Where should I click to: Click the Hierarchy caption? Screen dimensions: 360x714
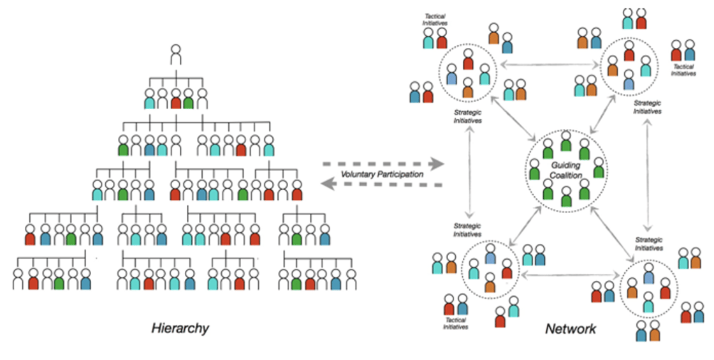coord(180,329)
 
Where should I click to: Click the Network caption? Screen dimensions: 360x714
coord(571,329)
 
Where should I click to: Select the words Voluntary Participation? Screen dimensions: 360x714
coord(381,174)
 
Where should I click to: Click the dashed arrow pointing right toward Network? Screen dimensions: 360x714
coord(383,163)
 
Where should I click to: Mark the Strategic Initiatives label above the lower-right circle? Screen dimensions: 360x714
coord(649,244)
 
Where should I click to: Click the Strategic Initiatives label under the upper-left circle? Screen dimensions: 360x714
coord(468,116)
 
